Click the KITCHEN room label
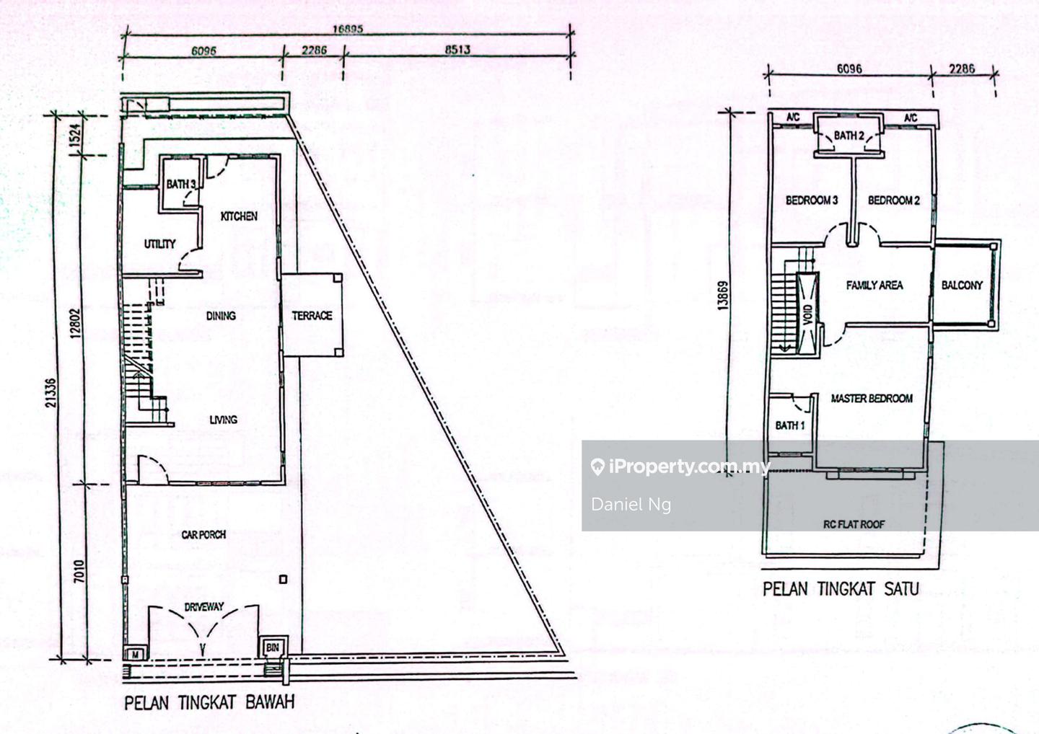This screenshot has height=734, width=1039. [238, 216]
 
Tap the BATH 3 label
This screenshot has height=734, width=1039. [181, 185]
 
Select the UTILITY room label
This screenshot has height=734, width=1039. [159, 244]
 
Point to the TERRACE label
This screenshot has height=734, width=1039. [312, 316]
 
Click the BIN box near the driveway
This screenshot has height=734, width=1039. [273, 647]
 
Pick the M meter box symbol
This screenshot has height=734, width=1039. [136, 654]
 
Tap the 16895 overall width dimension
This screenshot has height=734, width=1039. [348, 29]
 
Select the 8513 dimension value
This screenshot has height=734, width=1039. [457, 49]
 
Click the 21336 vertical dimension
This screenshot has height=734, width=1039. [51, 393]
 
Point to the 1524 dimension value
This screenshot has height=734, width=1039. [76, 135]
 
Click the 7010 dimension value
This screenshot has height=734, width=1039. [79, 571]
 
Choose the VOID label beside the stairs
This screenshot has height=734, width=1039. [807, 314]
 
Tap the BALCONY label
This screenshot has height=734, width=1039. [962, 285]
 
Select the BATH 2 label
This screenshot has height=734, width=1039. [849, 136]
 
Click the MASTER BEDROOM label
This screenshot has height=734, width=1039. [872, 398]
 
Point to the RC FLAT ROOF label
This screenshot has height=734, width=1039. [854, 524]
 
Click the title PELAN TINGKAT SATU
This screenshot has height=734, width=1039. [841, 589]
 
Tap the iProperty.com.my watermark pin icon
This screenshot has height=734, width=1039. [598, 467]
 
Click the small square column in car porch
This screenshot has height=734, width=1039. [283, 579]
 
